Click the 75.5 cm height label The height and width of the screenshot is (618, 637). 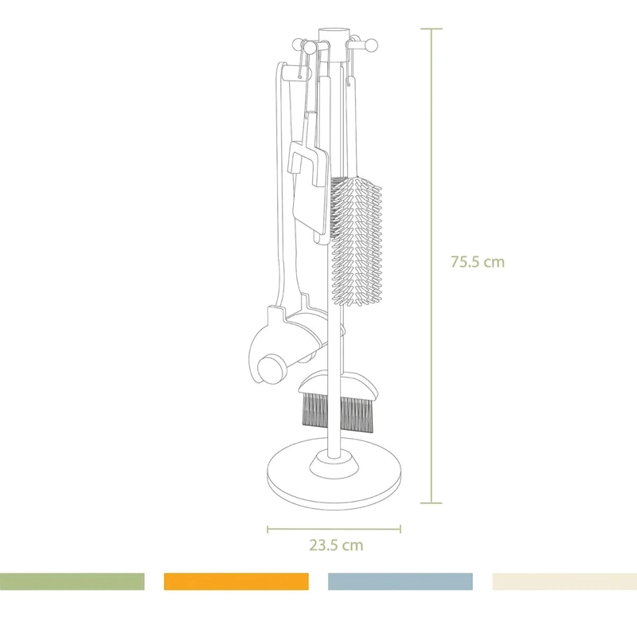point(478,262)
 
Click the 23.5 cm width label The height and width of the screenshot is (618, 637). point(336,545)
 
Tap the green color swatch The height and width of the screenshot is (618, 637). point(72,581)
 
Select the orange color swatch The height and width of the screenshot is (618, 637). point(236,581)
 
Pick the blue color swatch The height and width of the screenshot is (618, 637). point(401,581)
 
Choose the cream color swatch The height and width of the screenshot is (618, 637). point(565,581)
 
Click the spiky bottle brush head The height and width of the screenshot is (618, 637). point(356,241)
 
